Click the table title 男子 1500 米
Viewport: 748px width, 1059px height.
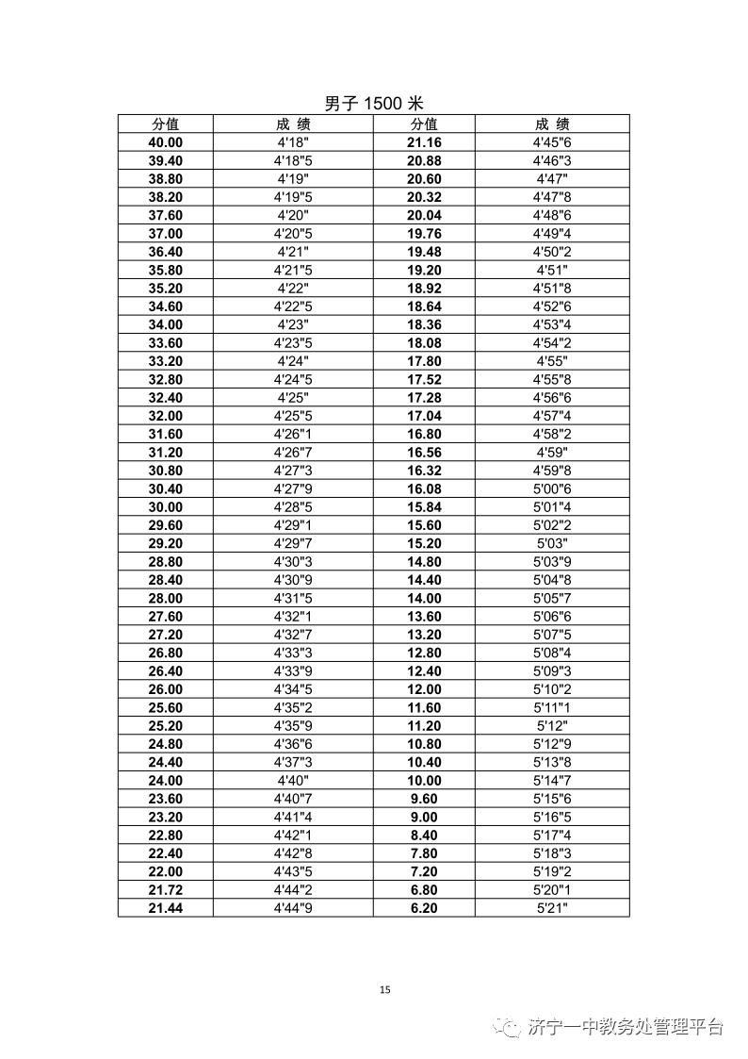374,104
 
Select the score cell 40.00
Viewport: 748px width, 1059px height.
166,142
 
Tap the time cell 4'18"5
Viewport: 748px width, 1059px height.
293,160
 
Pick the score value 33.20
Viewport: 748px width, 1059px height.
166,361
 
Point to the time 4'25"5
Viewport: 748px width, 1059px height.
293,416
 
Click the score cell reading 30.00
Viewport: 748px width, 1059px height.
166,507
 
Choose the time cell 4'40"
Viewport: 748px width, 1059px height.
293,781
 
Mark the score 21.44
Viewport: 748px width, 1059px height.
166,908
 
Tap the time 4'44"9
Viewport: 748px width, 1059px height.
293,908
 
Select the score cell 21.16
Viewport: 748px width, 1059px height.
424,142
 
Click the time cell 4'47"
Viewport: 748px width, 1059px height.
552,179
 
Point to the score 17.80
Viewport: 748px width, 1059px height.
424,361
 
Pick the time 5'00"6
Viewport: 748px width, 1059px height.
552,488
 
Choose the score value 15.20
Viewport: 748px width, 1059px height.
424,543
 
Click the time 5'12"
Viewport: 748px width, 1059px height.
552,726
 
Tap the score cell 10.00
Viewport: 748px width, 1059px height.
424,781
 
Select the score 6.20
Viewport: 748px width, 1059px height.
424,908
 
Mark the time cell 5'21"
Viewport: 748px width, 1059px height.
552,908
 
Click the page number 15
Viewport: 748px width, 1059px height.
384,989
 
